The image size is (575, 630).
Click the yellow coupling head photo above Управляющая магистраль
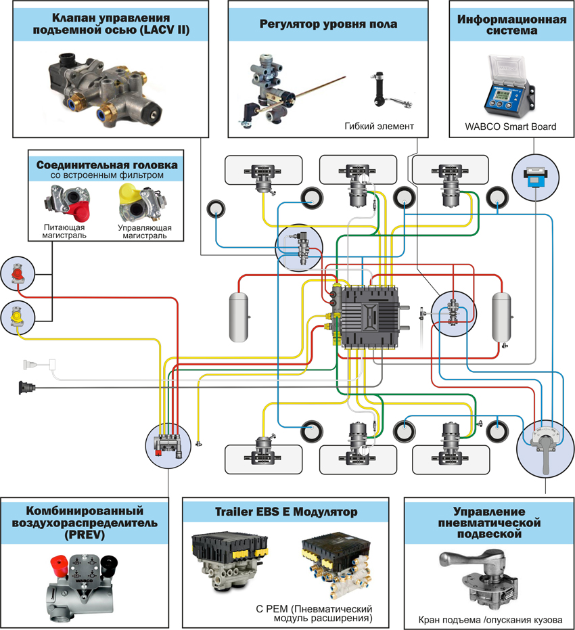[x=137, y=201]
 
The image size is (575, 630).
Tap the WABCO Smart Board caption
[x=511, y=127]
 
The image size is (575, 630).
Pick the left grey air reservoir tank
[x=240, y=316]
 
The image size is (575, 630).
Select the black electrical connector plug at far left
[x=26, y=388]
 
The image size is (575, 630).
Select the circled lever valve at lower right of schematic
[x=544, y=443]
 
